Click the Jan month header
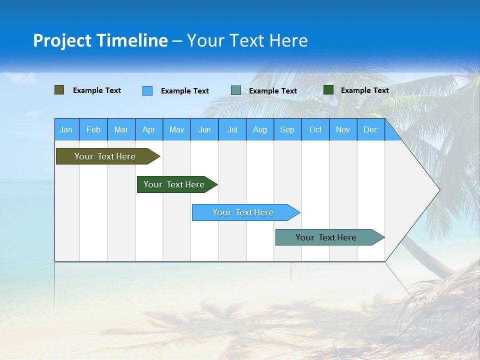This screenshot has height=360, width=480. click(66, 129)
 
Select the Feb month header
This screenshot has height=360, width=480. click(93, 129)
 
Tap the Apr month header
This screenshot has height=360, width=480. click(148, 129)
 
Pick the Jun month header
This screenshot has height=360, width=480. click(204, 129)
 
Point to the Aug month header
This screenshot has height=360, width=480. click(260, 129)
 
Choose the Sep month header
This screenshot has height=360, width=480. click(287, 129)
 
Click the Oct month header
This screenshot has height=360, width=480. click(315, 129)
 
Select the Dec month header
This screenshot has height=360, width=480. click(371, 129)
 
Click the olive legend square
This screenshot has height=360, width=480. click(59, 90)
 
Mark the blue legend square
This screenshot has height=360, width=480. click(147, 90)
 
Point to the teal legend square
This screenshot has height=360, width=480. click(236, 90)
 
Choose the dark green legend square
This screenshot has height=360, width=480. click(328, 90)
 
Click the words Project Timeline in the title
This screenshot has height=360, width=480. click(100, 40)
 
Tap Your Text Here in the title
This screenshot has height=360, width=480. click(247, 40)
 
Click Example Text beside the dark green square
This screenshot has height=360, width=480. click(364, 90)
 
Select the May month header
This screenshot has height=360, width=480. click(176, 129)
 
